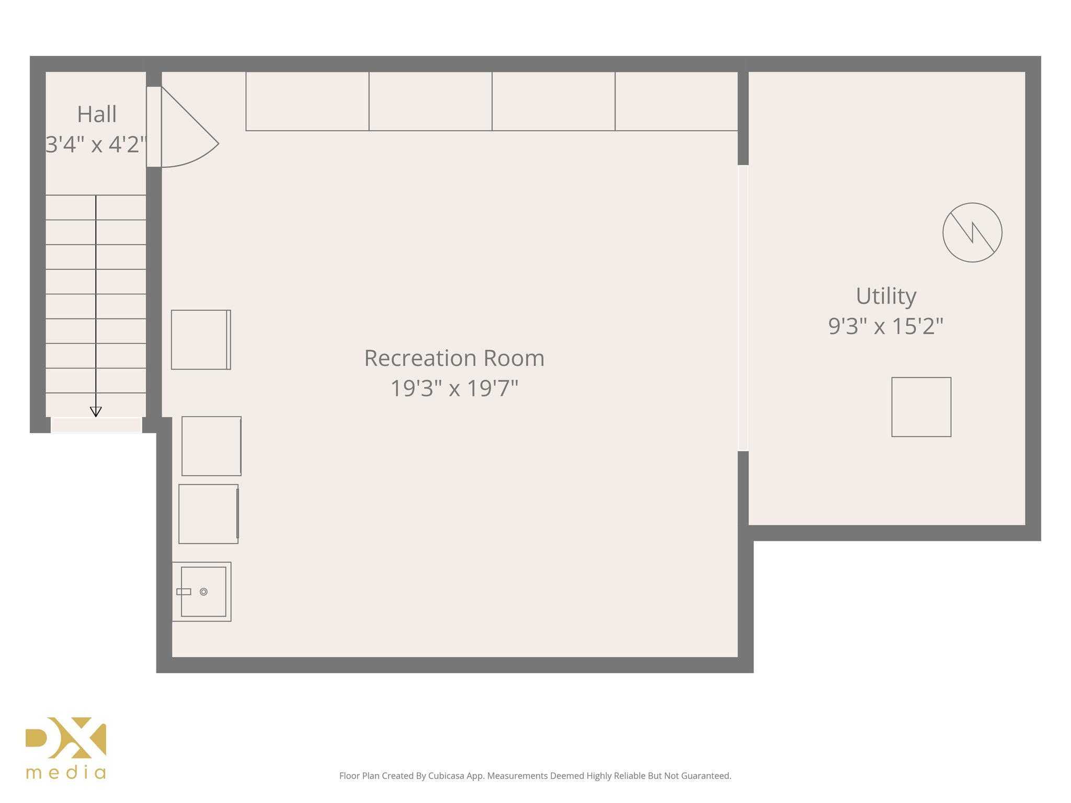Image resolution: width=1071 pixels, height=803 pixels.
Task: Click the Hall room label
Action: (x=97, y=114)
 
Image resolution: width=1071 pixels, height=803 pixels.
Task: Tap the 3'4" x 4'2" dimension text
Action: (x=96, y=145)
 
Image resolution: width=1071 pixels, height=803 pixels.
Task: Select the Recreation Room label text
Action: (x=454, y=359)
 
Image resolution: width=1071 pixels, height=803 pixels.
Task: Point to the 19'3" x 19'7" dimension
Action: (x=454, y=388)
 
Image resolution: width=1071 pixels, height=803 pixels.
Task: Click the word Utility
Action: (x=886, y=296)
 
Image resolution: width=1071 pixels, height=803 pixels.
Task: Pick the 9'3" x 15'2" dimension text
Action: (x=885, y=326)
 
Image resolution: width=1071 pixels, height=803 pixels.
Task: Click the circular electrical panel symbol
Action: (x=972, y=233)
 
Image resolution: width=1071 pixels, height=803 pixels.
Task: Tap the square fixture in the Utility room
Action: (x=921, y=407)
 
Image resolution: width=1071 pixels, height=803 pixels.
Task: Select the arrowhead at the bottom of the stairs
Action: (x=96, y=412)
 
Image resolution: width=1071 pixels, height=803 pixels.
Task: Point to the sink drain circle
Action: (x=204, y=592)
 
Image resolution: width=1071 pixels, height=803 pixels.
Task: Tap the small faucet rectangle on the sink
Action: (x=184, y=592)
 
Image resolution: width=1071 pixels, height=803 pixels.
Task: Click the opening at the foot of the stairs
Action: (x=96, y=425)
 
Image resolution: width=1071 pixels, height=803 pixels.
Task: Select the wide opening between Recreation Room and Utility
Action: (x=743, y=308)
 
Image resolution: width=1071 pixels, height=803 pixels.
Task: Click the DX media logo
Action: (x=66, y=748)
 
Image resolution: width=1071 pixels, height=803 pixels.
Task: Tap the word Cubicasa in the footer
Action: (x=446, y=776)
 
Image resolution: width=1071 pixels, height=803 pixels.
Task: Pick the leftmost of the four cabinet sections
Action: (x=307, y=101)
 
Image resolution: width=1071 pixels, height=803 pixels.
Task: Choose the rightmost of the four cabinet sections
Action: (x=676, y=101)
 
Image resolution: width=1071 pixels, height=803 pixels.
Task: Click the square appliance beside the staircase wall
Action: (x=201, y=340)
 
